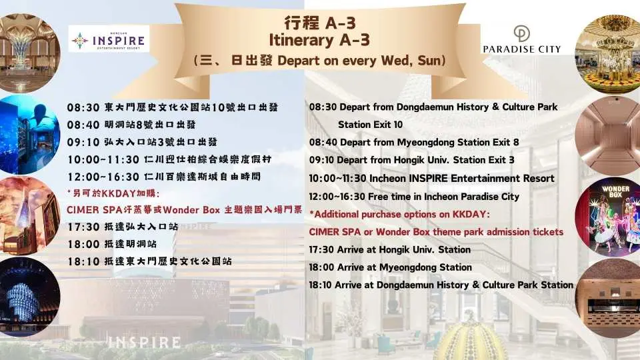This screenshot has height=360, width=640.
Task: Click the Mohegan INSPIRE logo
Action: (x=110, y=39)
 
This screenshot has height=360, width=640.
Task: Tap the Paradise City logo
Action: (x=521, y=39)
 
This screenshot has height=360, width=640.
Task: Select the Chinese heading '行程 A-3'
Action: (x=319, y=22)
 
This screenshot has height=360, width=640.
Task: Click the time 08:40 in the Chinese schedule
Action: (x=83, y=125)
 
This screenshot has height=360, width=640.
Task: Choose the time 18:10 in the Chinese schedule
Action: (x=83, y=261)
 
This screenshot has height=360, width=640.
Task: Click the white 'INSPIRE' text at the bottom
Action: (x=144, y=343)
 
